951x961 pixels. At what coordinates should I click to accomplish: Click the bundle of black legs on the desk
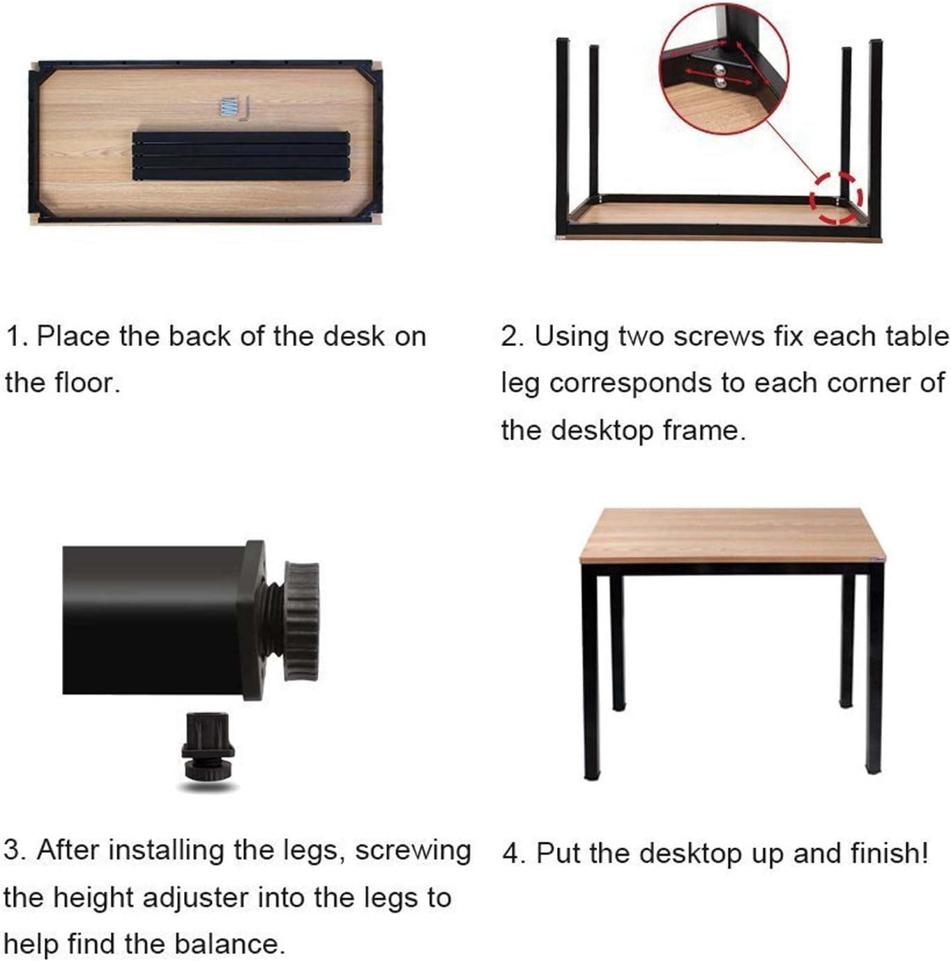(241, 156)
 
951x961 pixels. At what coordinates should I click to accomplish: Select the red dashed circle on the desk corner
(835, 198)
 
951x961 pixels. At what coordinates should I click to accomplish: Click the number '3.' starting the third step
(15, 851)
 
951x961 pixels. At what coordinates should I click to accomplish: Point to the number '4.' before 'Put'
(514, 854)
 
